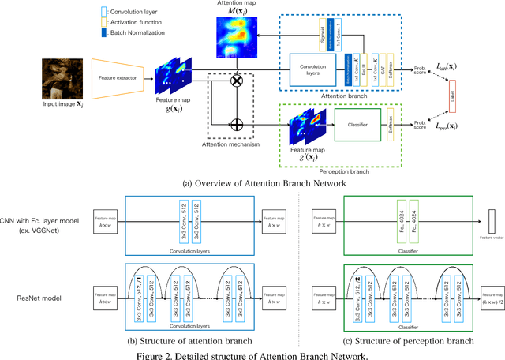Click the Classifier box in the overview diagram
coord(354,124)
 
